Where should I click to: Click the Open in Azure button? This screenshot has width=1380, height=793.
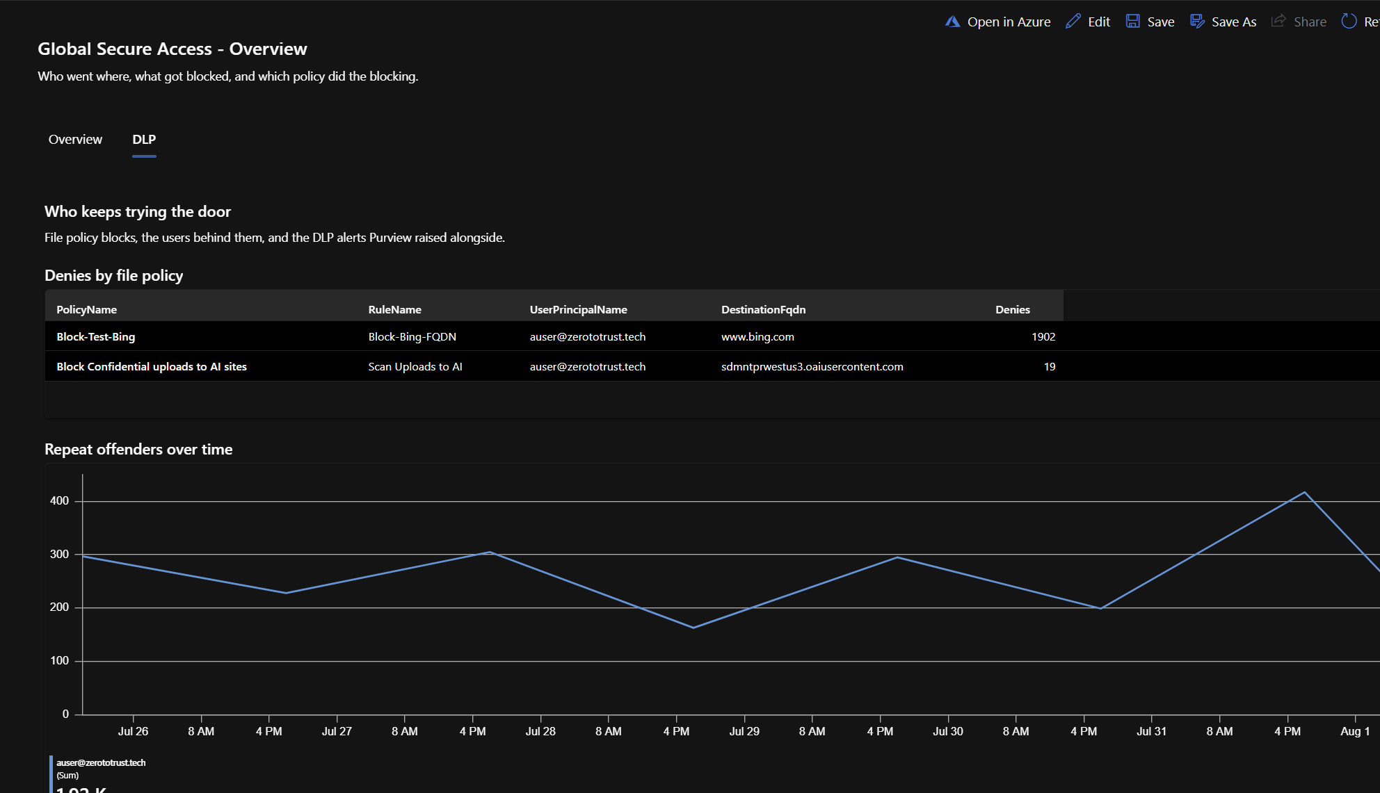pyautogui.click(x=997, y=22)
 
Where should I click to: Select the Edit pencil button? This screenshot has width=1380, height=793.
pyautogui.click(x=1088, y=22)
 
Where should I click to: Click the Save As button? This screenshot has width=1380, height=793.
pyautogui.click(x=1223, y=22)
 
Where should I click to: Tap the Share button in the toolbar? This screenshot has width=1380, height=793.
pyautogui.click(x=1299, y=22)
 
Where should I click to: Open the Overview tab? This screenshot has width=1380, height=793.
pyautogui.click(x=75, y=140)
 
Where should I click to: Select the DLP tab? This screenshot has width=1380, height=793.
pyautogui.click(x=144, y=140)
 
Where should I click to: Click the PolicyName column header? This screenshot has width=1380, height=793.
pyautogui.click(x=86, y=310)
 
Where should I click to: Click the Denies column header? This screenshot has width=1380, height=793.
pyautogui.click(x=1013, y=310)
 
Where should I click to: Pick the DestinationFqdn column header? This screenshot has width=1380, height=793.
pyautogui.click(x=763, y=310)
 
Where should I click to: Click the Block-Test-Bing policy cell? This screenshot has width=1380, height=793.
pyautogui.click(x=96, y=337)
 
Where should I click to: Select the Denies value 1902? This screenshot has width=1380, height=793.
pyautogui.click(x=1043, y=337)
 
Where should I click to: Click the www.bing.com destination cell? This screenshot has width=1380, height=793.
pyautogui.click(x=757, y=337)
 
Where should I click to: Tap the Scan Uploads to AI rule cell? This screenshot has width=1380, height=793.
pyautogui.click(x=415, y=367)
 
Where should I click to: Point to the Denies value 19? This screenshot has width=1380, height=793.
pyautogui.click(x=1050, y=367)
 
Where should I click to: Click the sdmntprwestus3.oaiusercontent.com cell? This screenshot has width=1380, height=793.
pyautogui.click(x=812, y=367)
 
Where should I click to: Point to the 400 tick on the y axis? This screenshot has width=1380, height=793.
pyautogui.click(x=60, y=501)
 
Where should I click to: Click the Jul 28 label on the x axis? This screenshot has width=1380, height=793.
pyautogui.click(x=540, y=732)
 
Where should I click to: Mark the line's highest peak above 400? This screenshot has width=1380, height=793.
pyautogui.click(x=1305, y=492)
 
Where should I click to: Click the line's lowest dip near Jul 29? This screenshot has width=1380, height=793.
pyautogui.click(x=693, y=628)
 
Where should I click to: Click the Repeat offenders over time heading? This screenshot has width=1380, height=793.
pyautogui.click(x=138, y=450)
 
